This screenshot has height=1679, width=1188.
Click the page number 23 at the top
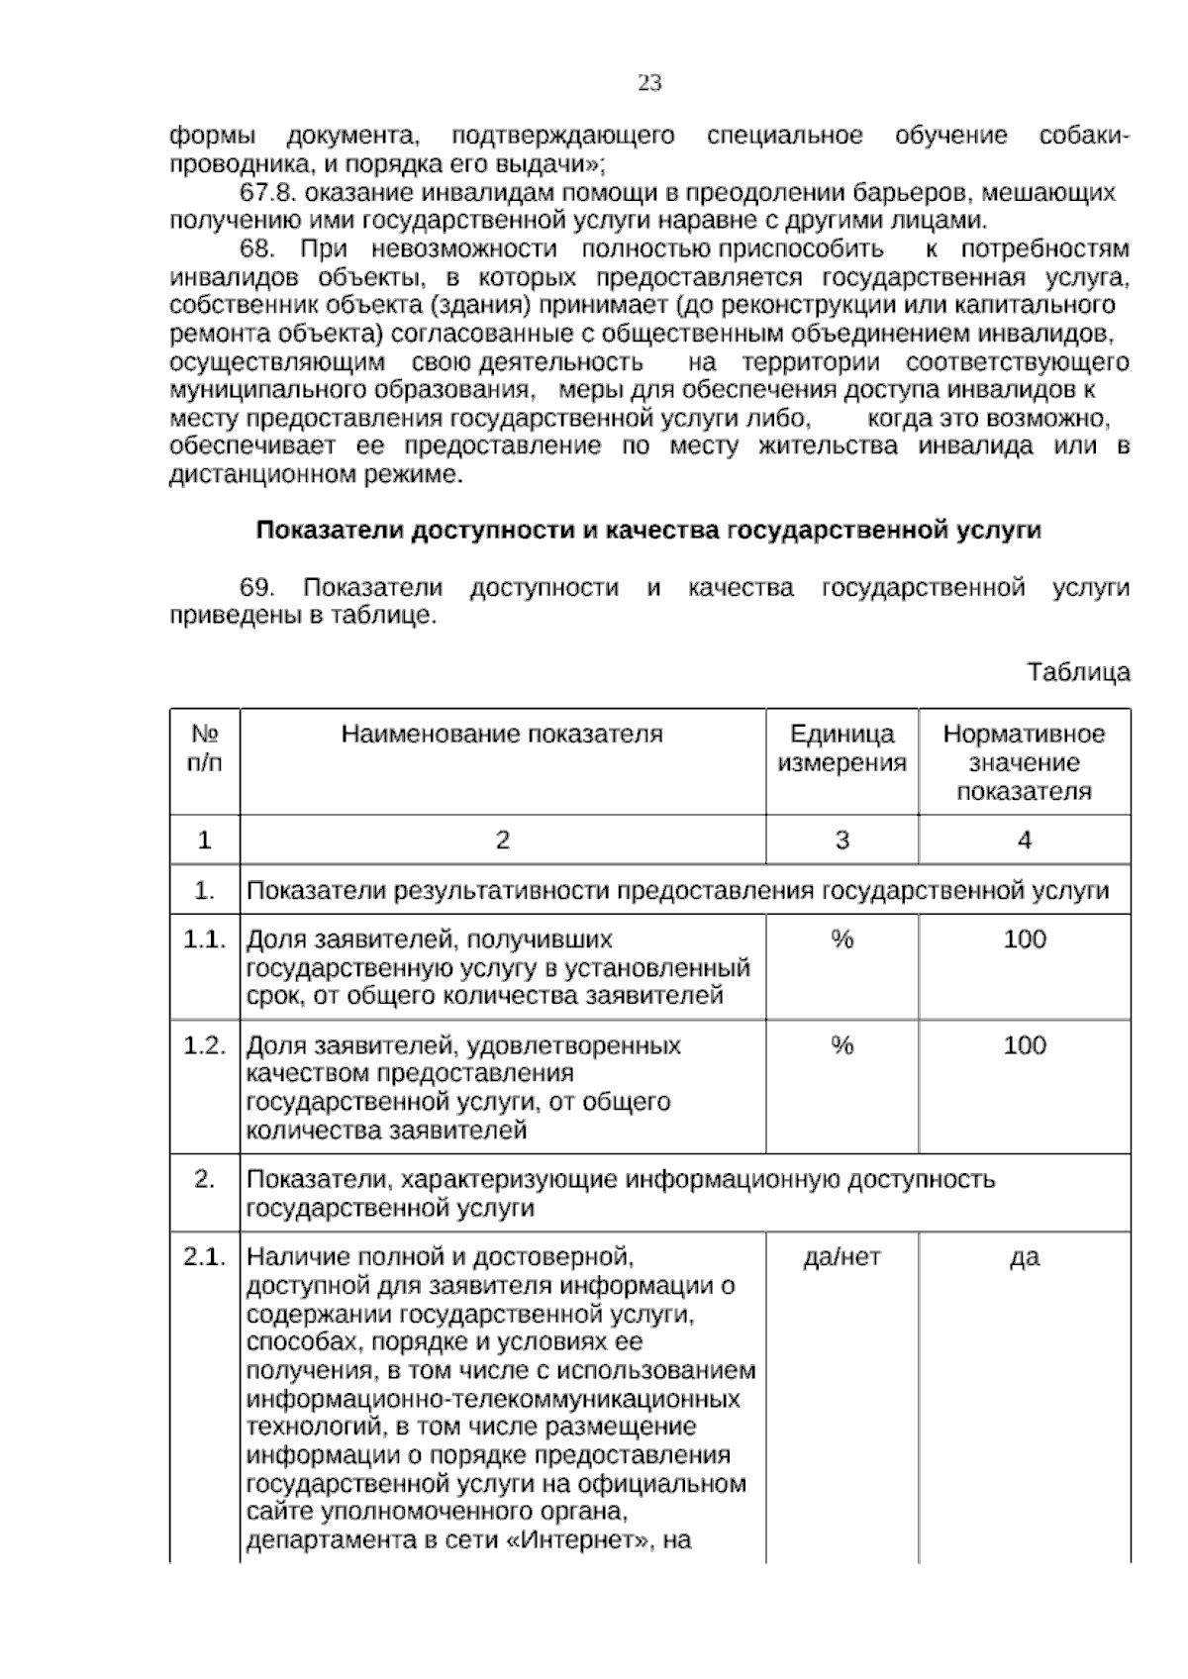click(x=649, y=83)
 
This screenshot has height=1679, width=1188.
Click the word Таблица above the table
click(x=1078, y=672)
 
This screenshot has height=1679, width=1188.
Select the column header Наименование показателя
click(x=502, y=734)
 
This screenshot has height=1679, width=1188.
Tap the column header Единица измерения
click(x=841, y=747)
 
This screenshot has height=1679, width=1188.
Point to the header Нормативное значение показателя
click(x=1024, y=762)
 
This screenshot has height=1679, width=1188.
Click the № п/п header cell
click(x=205, y=747)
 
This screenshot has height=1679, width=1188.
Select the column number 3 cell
click(x=841, y=840)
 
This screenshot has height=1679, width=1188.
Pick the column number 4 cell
click(x=1024, y=840)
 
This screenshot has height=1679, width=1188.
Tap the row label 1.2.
click(x=205, y=1045)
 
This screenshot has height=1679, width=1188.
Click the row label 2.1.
click(x=205, y=1257)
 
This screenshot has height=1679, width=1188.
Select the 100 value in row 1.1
click(x=1024, y=938)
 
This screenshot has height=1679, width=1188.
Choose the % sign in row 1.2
click(x=841, y=1045)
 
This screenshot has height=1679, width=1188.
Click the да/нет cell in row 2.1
click(x=841, y=1257)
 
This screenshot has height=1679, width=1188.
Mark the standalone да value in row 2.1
click(x=1024, y=1257)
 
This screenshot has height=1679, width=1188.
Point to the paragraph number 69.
click(x=257, y=587)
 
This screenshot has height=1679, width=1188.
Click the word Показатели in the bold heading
click(x=330, y=531)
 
